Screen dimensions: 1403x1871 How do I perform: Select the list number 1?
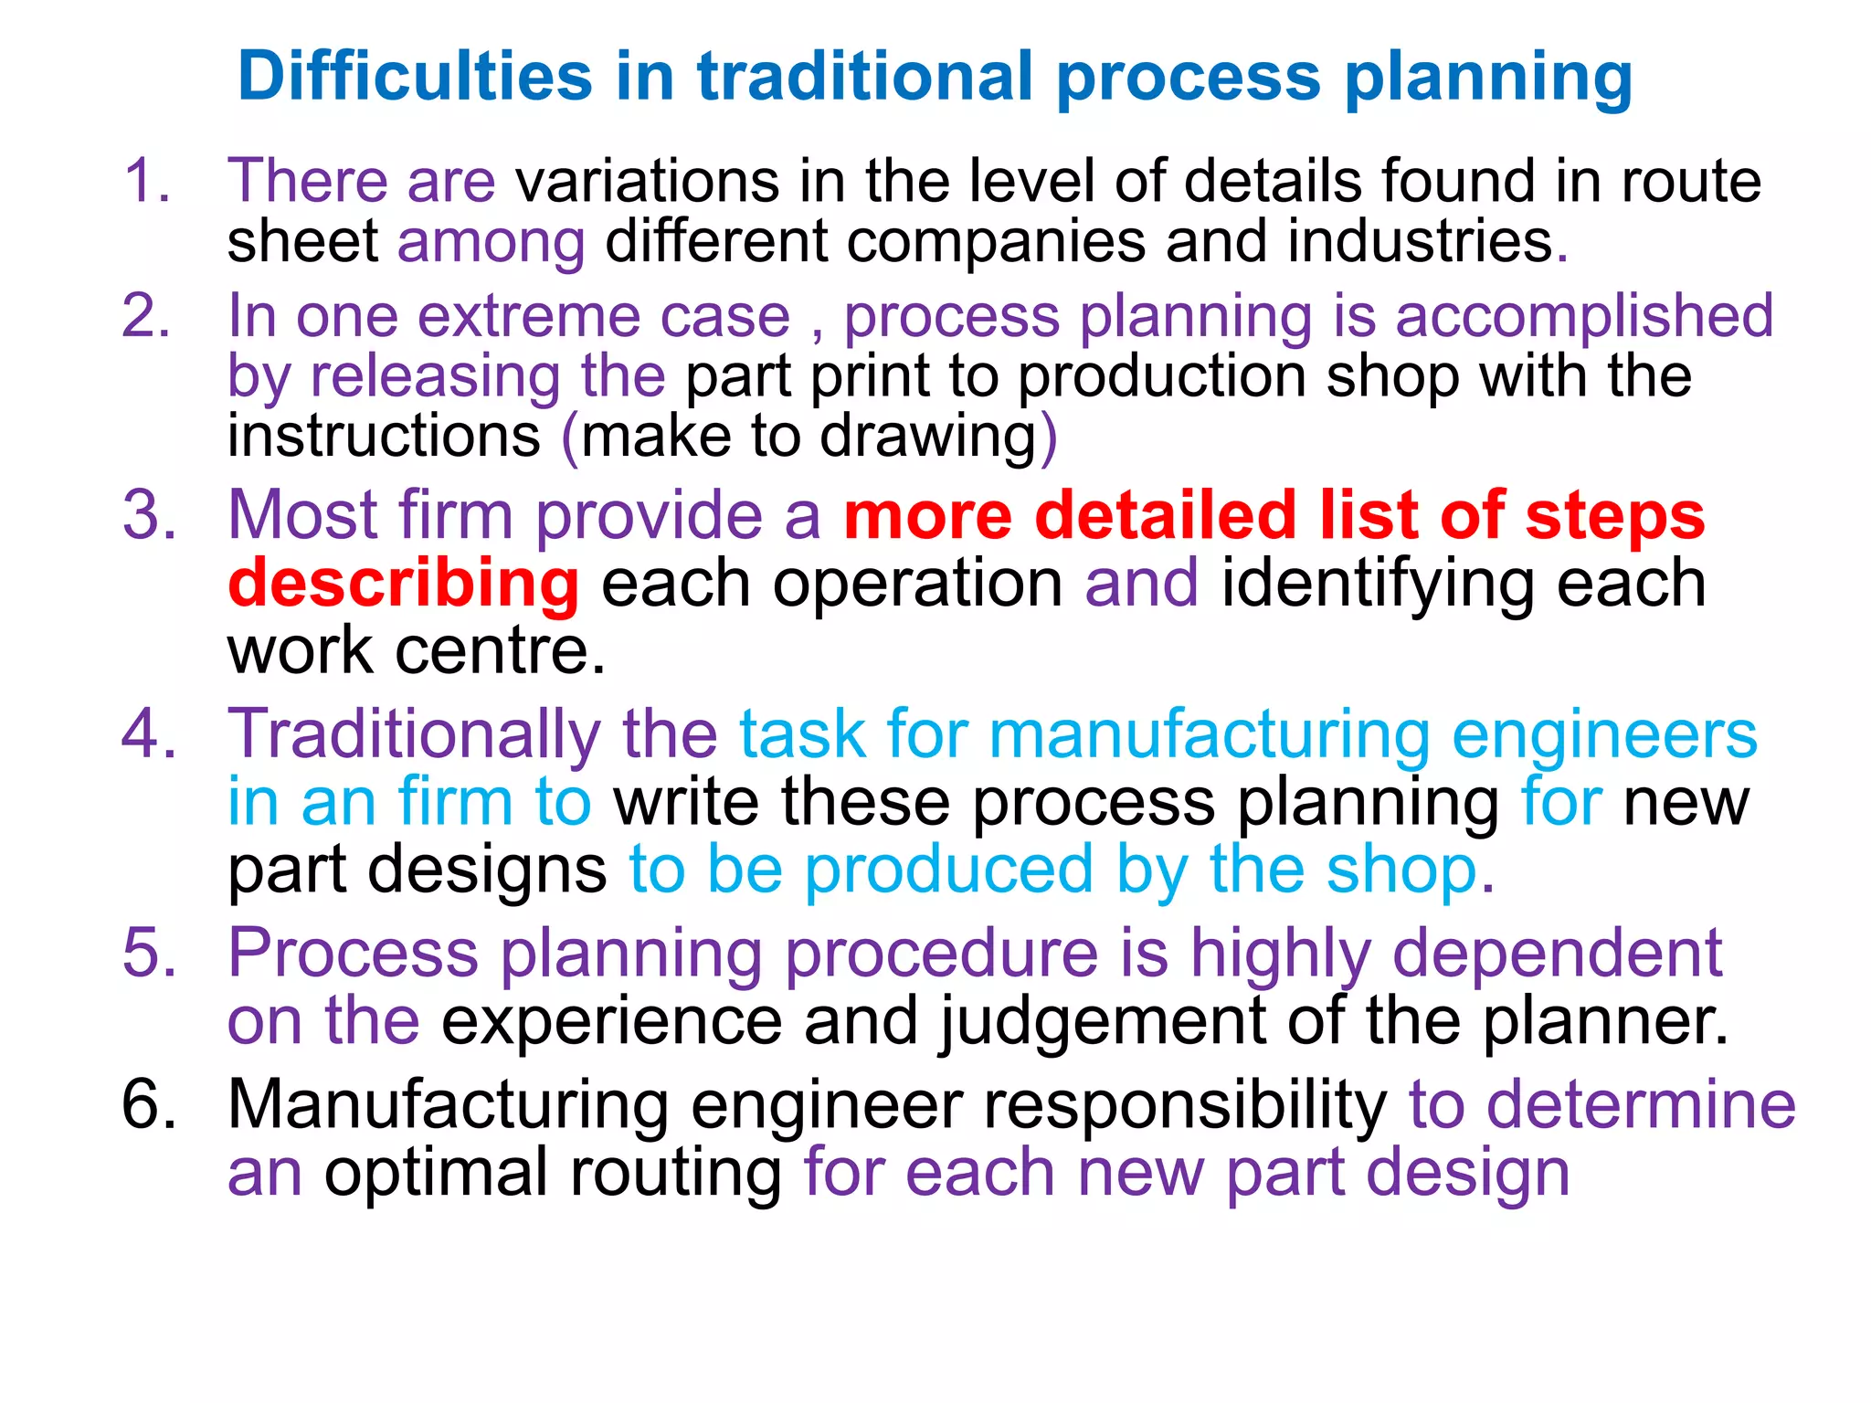pyautogui.click(x=146, y=180)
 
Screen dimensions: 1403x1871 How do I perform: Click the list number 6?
pyautogui.click(x=149, y=1104)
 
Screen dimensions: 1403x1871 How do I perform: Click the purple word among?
pyautogui.click(x=491, y=242)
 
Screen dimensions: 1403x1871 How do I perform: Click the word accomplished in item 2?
pyautogui.click(x=1584, y=318)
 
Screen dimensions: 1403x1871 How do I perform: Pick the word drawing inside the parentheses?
pyautogui.click(x=928, y=437)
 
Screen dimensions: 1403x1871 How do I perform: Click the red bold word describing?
pyautogui.click(x=404, y=584)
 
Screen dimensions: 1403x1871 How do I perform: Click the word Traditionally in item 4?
pyautogui.click(x=414, y=734)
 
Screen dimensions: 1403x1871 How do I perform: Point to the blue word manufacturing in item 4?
pyautogui.click(x=1210, y=734)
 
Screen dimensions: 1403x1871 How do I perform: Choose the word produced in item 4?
pyautogui.click(x=948, y=870)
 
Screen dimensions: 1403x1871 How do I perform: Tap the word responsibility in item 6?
pyautogui.click(x=1186, y=1106)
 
